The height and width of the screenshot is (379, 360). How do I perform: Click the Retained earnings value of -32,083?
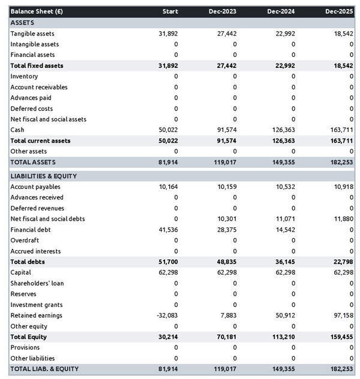[x=166, y=315]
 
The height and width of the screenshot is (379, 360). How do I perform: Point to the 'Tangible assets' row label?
[x=32, y=34]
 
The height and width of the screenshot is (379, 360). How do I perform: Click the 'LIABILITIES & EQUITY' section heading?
[x=44, y=176]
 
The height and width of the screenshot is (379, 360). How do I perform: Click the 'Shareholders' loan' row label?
[x=37, y=283]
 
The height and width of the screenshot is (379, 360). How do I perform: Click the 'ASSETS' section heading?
[x=22, y=22]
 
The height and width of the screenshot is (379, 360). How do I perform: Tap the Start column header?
[x=170, y=11]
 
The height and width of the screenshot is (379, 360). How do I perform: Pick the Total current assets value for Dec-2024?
[x=283, y=141]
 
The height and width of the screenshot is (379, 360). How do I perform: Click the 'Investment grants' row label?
[x=37, y=305]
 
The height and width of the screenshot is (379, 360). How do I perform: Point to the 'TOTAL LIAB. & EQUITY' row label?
[x=44, y=369]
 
